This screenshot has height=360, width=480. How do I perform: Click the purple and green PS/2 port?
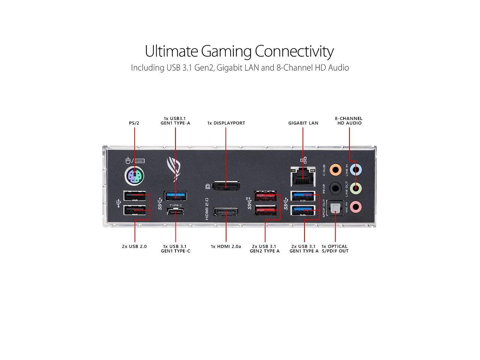point(134,175)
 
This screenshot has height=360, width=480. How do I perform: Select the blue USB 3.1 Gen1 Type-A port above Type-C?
point(175,195)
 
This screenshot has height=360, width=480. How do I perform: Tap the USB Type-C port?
point(175,212)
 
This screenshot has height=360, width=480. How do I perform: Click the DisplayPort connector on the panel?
point(226,186)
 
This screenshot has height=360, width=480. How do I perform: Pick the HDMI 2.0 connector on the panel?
point(226,212)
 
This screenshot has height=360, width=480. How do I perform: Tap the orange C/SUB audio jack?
point(335,169)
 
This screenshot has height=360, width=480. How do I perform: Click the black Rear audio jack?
point(335,187)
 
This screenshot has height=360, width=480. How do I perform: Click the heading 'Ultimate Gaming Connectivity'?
point(239,51)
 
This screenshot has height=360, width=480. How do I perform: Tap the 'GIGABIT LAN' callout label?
point(303,123)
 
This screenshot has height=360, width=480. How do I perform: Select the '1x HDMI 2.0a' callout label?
point(226,246)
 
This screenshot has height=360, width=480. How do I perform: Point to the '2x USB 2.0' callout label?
point(134,246)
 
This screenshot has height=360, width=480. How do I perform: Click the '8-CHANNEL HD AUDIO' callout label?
point(349,121)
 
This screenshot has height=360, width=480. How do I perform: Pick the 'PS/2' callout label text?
point(134,123)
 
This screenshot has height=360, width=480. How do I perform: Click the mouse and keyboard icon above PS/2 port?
point(135,160)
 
